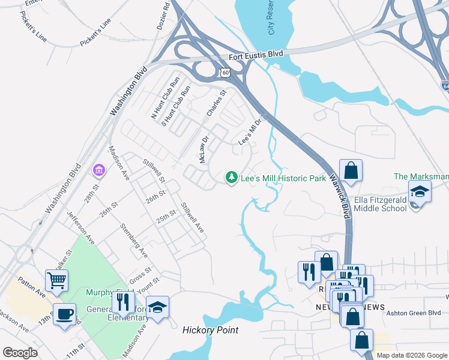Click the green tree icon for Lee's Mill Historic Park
click(231, 178)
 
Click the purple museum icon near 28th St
click(97, 171)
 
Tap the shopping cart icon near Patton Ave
click(56, 280)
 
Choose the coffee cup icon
click(64, 314)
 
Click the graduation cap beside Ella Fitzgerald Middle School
click(420, 192)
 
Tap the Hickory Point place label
click(210, 331)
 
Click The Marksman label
click(421, 176)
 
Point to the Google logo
click(20, 353)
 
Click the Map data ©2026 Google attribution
click(411, 355)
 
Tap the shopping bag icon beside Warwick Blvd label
click(351, 170)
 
